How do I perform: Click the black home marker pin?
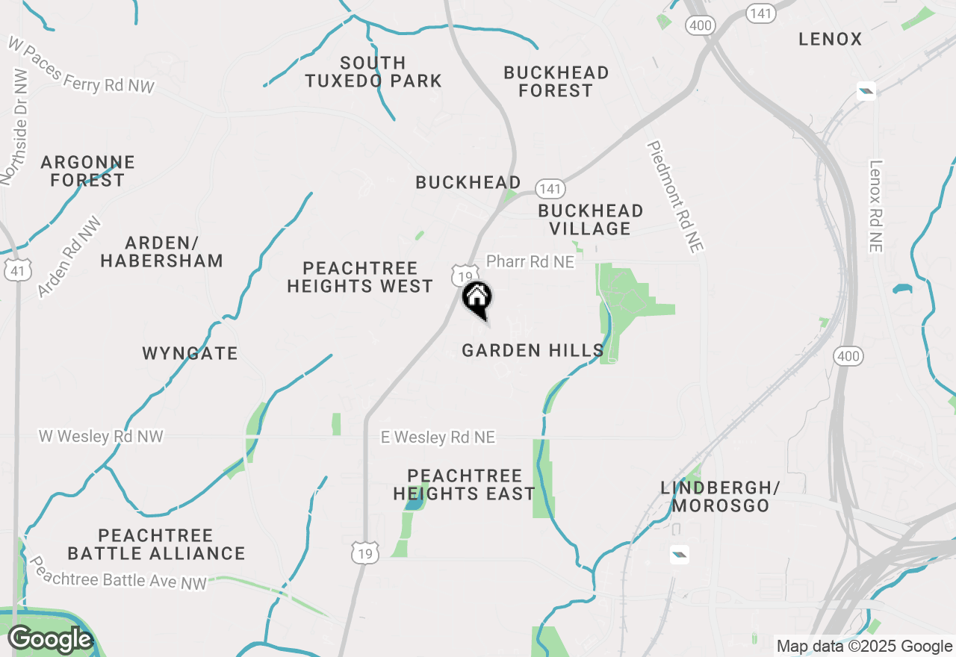tap(477, 299)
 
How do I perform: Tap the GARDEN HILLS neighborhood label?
tap(533, 350)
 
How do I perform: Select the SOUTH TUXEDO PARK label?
tap(373, 72)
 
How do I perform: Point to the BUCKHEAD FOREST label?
tap(556, 81)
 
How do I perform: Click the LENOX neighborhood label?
tap(831, 39)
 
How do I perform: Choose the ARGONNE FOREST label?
tap(87, 171)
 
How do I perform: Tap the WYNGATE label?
tap(190, 353)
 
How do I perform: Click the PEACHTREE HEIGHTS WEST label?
tap(360, 277)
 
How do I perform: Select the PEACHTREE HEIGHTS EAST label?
tap(464, 485)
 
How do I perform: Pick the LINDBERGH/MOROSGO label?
tap(720, 496)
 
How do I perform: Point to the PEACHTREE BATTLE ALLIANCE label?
tap(156, 544)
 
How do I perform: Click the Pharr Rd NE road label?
tap(530, 261)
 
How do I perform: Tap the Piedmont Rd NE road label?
tap(676, 197)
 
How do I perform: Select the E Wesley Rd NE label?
tap(438, 438)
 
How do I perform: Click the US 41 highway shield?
tap(16, 270)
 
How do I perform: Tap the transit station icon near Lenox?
tap(866, 92)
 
